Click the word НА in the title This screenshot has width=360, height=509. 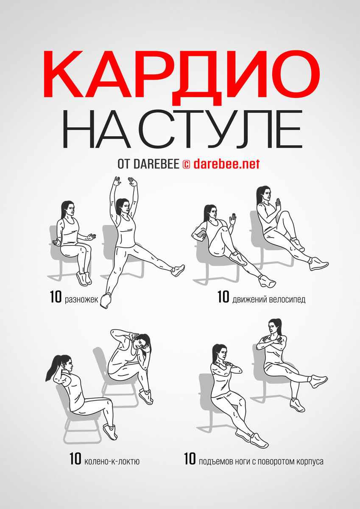tap(96, 129)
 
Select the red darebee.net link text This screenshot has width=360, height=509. tap(226, 164)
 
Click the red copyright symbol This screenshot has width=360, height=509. tap(186, 164)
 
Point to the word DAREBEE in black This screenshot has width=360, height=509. tap(156, 164)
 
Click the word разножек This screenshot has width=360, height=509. tap(81, 300)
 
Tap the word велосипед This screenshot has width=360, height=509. tap(287, 300)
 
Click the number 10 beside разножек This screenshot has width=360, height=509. tap(56, 297)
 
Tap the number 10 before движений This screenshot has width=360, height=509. tap(223, 297)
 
